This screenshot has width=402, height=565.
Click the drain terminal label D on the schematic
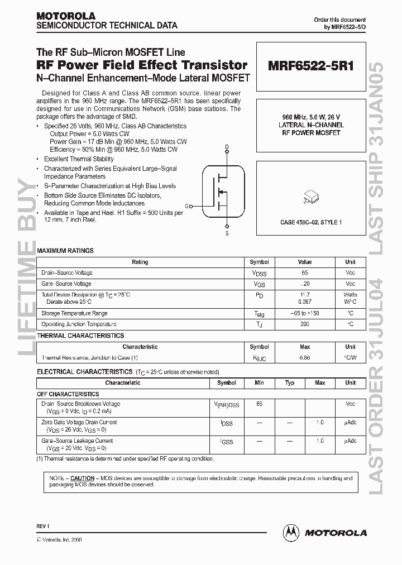point(226,147)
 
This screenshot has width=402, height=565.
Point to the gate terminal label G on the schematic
point(186,206)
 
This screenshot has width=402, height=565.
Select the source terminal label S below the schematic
point(226,233)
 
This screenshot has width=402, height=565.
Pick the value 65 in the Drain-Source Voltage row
point(304,273)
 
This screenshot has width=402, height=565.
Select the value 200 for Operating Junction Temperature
point(304,324)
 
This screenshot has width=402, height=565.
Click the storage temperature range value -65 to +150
point(304,314)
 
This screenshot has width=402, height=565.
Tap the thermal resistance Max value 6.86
point(304,357)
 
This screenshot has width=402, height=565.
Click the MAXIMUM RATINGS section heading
point(65,251)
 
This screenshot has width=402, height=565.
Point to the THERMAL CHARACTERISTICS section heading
point(80,336)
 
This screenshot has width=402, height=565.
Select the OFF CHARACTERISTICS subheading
point(68,394)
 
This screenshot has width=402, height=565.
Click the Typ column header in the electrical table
point(290,383)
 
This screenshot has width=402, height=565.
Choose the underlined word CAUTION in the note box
point(82,478)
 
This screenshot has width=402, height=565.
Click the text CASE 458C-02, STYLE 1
point(310,222)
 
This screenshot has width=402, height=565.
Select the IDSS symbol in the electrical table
point(227,424)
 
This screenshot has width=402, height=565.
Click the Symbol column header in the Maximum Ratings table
point(259,262)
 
